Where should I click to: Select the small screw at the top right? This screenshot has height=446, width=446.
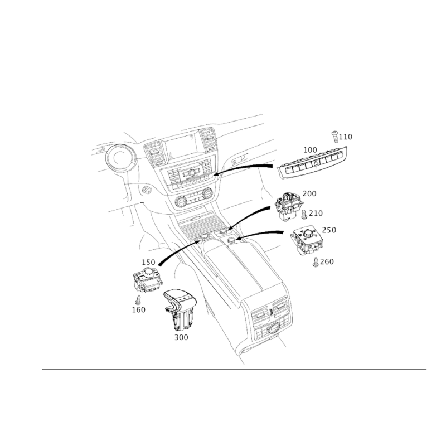pyautogui.click(x=334, y=134)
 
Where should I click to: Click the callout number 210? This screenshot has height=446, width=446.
pyautogui.click(x=316, y=213)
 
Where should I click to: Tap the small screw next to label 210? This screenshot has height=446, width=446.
pyautogui.click(x=303, y=214)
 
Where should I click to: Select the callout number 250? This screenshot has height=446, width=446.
pyautogui.click(x=329, y=229)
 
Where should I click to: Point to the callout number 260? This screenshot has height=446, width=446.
pyautogui.click(x=327, y=261)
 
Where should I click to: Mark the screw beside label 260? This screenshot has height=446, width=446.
pyautogui.click(x=316, y=262)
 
